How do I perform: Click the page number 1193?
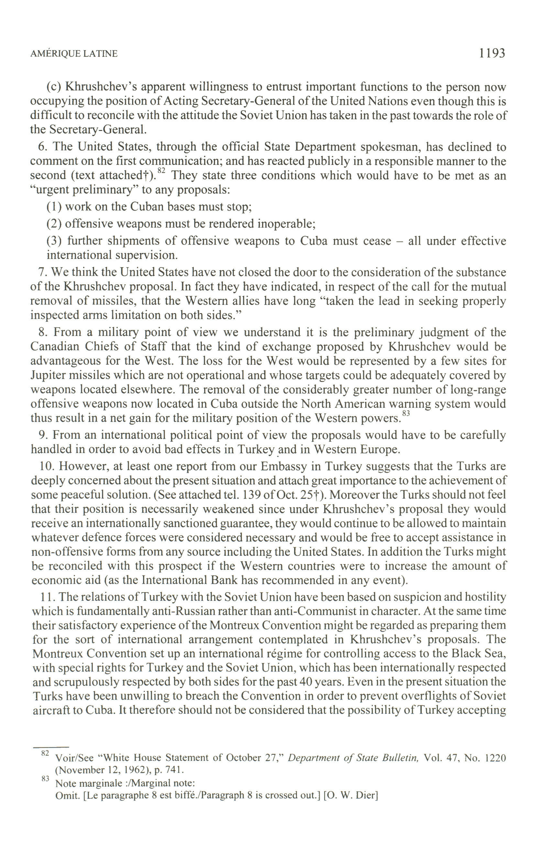(x=492, y=53)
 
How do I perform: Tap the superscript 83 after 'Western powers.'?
(x=406, y=414)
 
